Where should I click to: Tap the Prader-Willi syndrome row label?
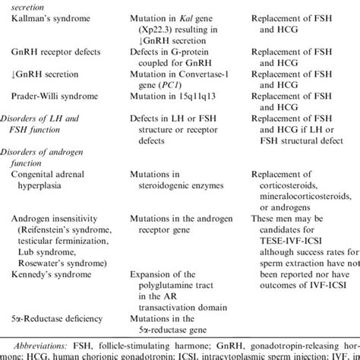coord(58,97)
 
